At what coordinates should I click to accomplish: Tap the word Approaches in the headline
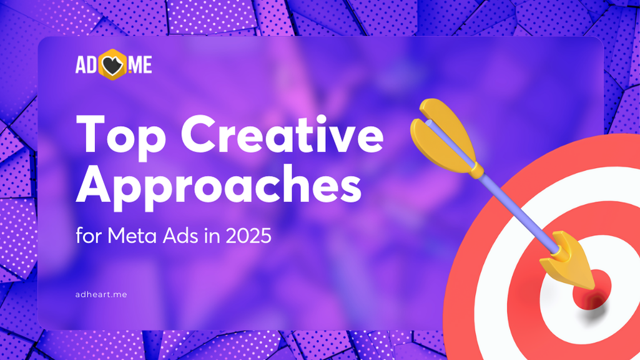(x=219, y=187)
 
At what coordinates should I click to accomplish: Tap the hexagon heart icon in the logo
(x=113, y=64)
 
